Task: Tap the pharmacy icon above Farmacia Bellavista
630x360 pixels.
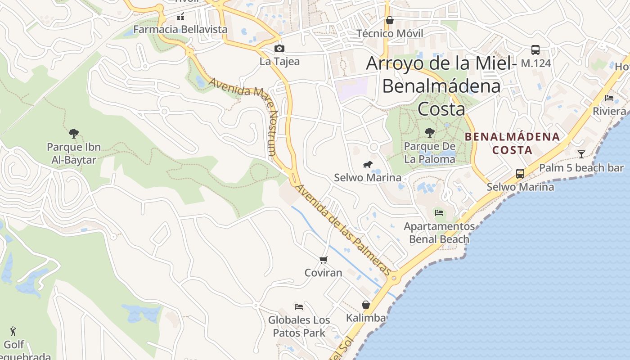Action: tap(180, 17)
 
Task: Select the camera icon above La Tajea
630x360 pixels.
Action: tap(279, 49)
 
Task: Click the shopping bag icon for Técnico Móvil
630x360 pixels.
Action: tap(389, 20)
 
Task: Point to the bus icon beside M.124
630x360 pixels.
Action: tap(535, 50)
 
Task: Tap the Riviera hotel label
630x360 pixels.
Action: tap(609, 111)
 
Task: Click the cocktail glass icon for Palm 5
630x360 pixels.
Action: tap(581, 154)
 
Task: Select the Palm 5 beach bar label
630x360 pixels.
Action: tap(581, 168)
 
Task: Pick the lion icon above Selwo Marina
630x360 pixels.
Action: tap(368, 165)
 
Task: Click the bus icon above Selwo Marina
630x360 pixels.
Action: tap(520, 174)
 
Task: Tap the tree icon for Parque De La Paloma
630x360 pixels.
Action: tap(429, 133)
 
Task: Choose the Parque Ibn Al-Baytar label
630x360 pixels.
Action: tap(74, 153)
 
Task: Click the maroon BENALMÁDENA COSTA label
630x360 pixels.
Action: tap(512, 143)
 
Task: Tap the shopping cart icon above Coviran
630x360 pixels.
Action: tap(323, 260)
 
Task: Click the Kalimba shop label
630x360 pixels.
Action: tap(365, 318)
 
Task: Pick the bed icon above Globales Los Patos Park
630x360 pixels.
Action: tap(298, 307)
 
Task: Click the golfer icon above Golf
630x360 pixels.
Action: tap(13, 332)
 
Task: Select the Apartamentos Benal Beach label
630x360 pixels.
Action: tap(439, 233)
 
